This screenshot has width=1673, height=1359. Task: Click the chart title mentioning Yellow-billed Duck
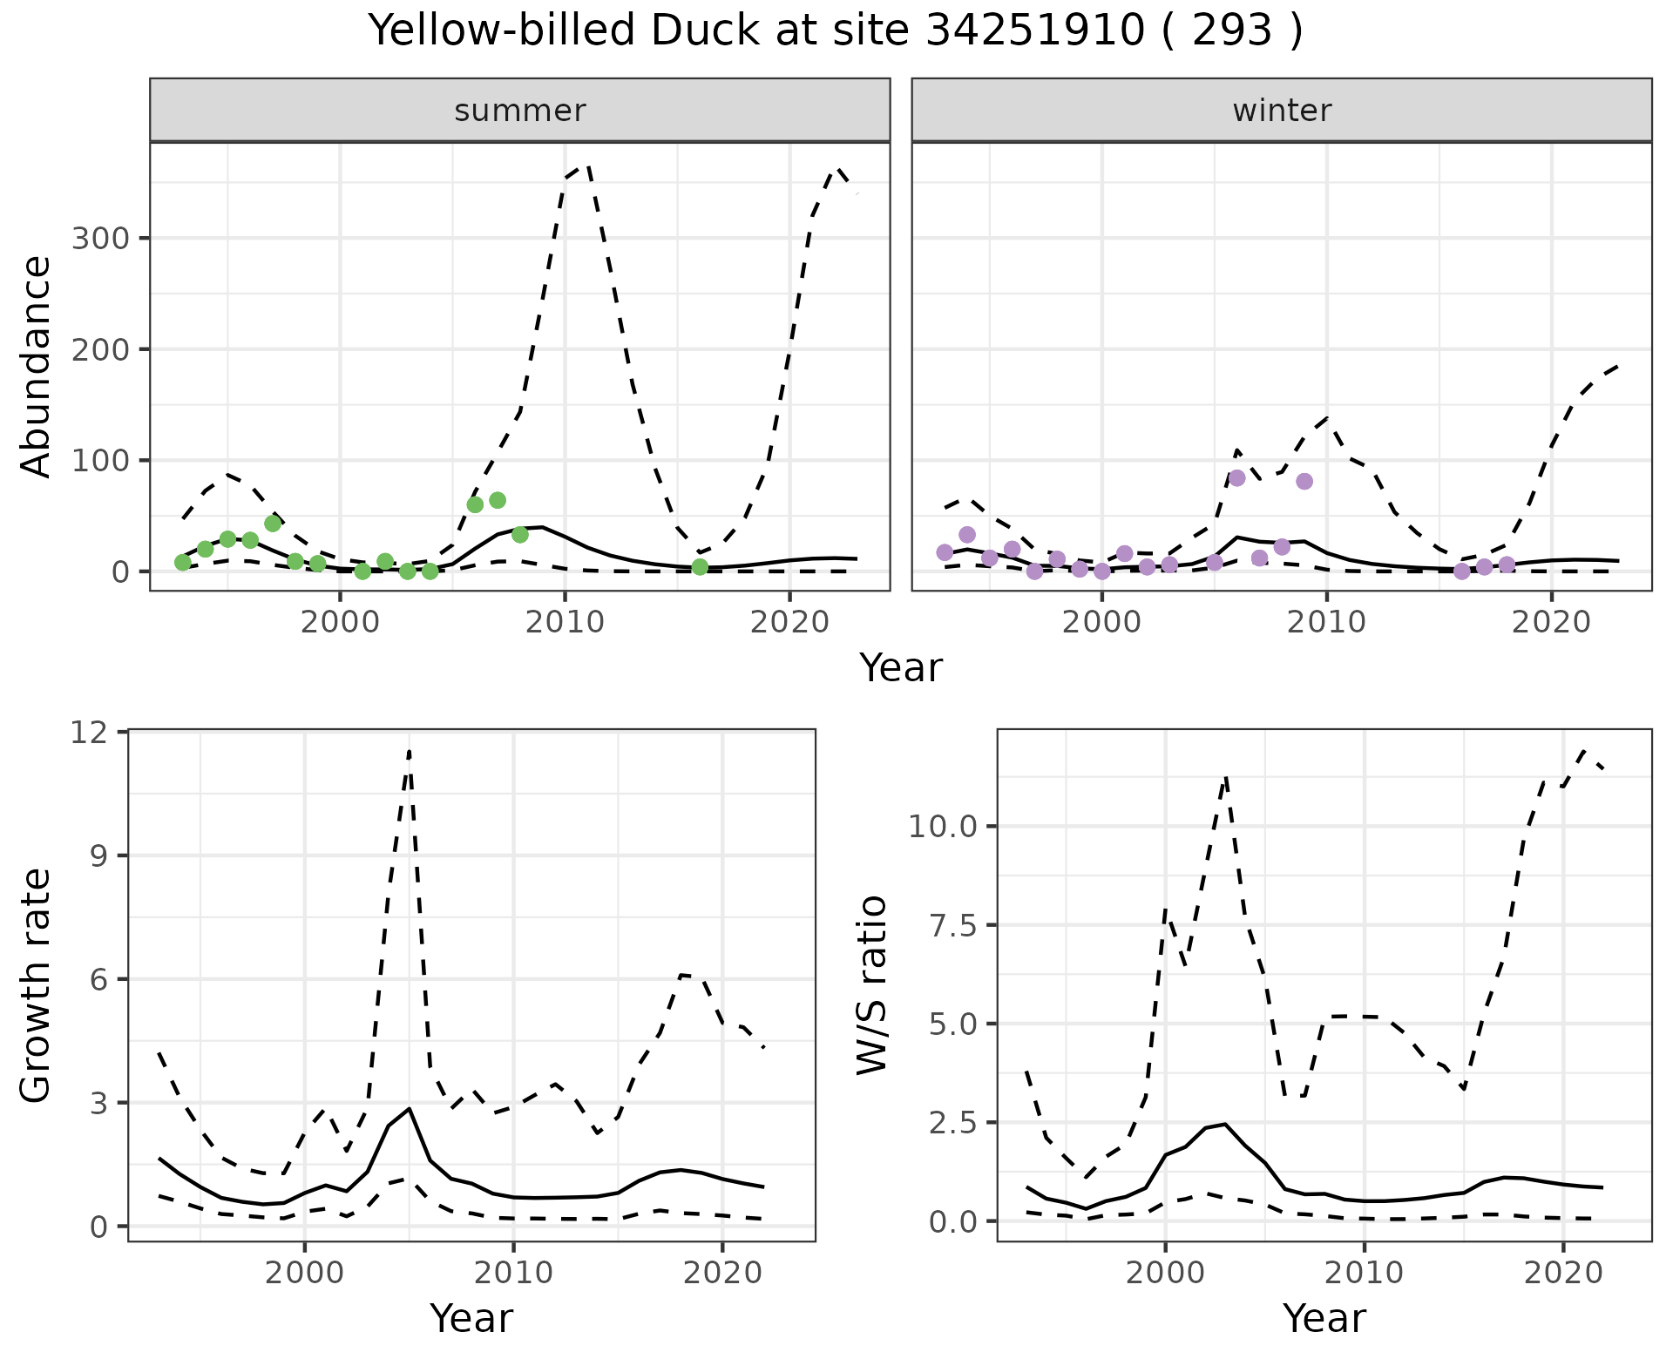click(836, 31)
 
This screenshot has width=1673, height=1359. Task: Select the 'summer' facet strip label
click(520, 111)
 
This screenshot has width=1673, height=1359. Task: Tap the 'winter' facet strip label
click(1282, 111)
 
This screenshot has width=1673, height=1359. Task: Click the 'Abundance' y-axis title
click(36, 367)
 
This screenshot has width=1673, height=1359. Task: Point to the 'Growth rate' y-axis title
click(36, 986)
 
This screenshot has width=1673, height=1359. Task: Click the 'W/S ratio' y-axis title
click(872, 986)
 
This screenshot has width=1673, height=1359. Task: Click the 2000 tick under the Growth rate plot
click(304, 1273)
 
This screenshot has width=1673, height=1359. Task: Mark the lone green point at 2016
click(700, 567)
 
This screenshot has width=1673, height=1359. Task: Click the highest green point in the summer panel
click(498, 500)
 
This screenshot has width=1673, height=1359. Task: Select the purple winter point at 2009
click(1304, 482)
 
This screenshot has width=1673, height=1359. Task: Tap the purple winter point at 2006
click(1237, 478)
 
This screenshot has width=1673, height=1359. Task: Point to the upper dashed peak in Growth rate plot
click(409, 752)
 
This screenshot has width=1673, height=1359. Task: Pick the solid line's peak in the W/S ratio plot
click(1225, 1124)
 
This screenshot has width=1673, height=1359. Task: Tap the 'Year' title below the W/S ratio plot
click(1324, 1318)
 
